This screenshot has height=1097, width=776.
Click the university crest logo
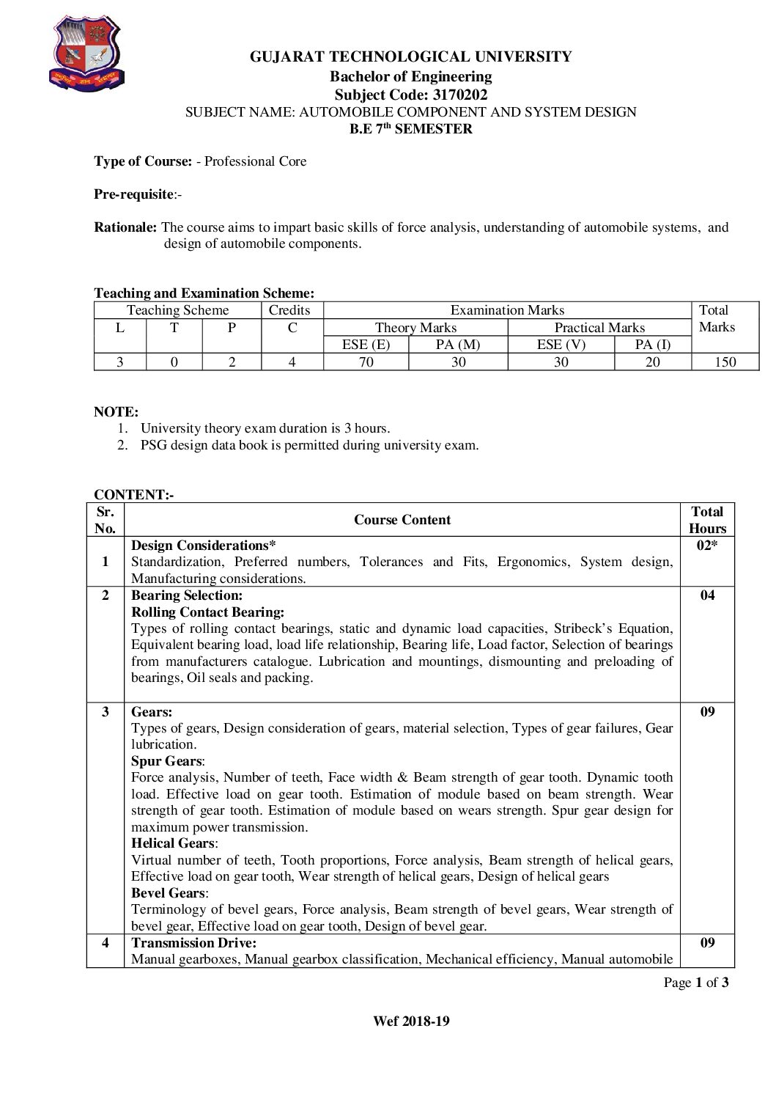[86, 55]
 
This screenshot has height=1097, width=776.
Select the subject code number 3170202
[459, 95]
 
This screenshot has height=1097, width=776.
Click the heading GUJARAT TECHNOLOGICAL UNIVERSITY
[410, 56]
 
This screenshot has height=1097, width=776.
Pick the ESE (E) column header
[366, 345]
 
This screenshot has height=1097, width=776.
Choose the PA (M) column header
[458, 345]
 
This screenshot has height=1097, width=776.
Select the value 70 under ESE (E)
[366, 362]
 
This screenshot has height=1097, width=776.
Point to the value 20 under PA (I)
[652, 362]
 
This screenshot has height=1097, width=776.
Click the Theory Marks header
[415, 328]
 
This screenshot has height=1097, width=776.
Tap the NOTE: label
[116, 412]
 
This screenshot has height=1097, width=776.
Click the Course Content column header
[402, 520]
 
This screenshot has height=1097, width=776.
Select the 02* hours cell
[706, 545]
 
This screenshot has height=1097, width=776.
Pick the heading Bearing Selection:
[187, 595]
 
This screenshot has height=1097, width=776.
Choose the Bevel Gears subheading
[169, 893]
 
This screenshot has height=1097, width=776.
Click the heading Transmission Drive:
[194, 943]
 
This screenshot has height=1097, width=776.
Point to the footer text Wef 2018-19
[411, 1021]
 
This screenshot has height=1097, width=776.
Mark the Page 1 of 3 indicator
[695, 983]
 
